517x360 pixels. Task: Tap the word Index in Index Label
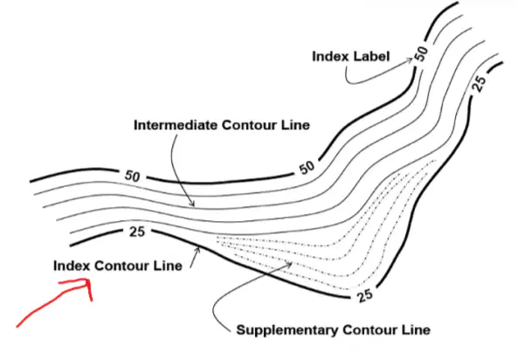[x=330, y=57]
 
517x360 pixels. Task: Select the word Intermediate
[x=175, y=125]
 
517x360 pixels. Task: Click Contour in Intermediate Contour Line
[x=249, y=125]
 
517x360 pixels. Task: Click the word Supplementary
[x=287, y=330]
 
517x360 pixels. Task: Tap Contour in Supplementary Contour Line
[x=370, y=330]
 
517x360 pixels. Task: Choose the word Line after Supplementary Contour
[x=416, y=330]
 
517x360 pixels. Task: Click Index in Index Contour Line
[x=72, y=266]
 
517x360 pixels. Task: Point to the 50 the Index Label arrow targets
[x=422, y=52]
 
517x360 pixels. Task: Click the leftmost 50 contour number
[x=132, y=176]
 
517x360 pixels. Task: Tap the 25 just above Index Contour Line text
[x=137, y=232]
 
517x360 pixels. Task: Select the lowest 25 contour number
[x=365, y=295]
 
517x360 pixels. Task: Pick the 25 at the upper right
[x=479, y=84]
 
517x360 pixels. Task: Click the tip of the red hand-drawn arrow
[x=88, y=280]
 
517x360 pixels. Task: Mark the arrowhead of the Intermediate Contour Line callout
[x=194, y=206]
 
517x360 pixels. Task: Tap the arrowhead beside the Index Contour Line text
[x=198, y=247]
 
